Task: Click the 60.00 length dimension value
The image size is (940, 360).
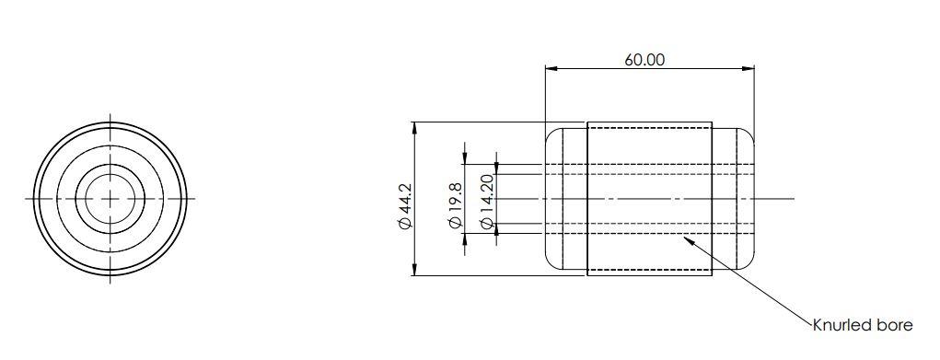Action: click(644, 60)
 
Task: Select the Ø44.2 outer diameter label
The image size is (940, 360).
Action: click(404, 207)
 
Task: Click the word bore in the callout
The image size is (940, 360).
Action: click(896, 325)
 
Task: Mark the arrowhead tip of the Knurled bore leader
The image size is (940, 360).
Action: click(680, 238)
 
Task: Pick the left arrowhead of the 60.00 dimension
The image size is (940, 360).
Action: click(549, 68)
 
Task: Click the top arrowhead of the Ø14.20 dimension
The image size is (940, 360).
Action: click(497, 171)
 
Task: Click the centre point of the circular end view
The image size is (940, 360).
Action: click(110, 198)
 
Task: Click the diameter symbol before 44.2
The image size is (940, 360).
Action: click(404, 226)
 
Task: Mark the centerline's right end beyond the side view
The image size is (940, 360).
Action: click(791, 198)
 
